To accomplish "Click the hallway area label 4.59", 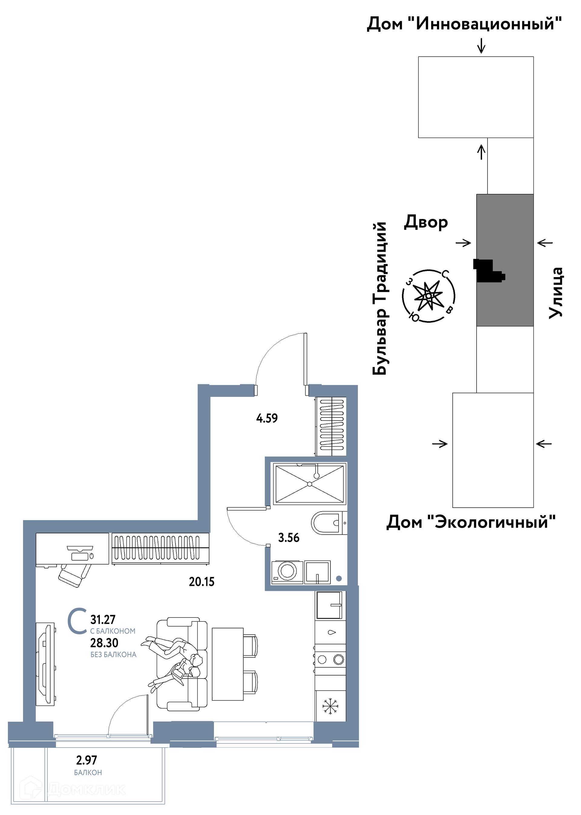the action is (x=267, y=418).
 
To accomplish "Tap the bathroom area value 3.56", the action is (x=289, y=538).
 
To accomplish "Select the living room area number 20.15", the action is (x=202, y=582).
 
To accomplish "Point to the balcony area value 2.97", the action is (x=87, y=760).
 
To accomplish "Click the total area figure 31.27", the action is (x=103, y=619).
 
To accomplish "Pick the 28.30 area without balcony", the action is (x=104, y=643).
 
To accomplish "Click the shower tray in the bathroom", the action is (x=310, y=484).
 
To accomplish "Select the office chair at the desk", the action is (x=75, y=575).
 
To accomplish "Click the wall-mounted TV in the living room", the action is (x=46, y=664).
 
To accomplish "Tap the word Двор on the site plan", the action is (x=426, y=222).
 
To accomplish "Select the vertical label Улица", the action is (x=556, y=293).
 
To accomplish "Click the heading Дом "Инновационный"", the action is (x=464, y=24).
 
